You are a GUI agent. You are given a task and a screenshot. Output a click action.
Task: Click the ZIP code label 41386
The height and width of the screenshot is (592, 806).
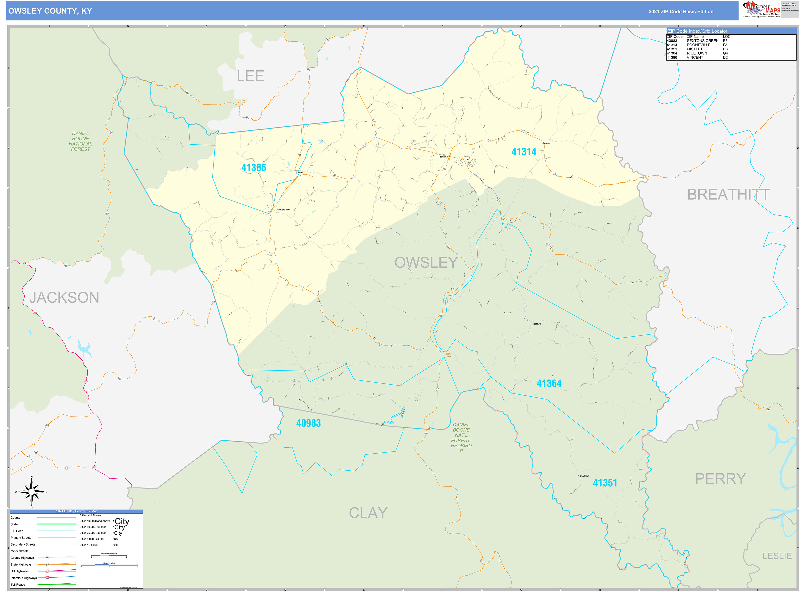click(254, 168)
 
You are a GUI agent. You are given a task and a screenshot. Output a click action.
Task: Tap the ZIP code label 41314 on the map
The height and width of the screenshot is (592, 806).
click(524, 152)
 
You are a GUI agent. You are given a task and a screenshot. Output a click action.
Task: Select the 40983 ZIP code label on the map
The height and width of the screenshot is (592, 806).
click(308, 423)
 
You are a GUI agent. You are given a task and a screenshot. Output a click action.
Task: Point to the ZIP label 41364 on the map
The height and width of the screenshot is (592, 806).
click(549, 383)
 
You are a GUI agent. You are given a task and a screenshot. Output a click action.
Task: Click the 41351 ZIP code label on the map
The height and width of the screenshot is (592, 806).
click(605, 483)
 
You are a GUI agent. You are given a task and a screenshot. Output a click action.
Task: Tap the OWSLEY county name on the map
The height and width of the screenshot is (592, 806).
click(426, 263)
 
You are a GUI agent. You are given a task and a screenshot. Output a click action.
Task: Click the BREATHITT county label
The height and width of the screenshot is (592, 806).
click(728, 195)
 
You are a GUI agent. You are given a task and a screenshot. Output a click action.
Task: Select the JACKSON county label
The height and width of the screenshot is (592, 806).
click(64, 297)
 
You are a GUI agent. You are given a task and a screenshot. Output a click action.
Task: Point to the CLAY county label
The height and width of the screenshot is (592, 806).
click(368, 513)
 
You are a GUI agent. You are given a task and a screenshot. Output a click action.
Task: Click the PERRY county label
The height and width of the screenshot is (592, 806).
click(720, 479)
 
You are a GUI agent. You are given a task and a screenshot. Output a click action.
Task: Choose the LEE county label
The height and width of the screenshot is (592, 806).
click(250, 76)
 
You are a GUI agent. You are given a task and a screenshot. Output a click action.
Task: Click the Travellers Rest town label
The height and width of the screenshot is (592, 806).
click(283, 210)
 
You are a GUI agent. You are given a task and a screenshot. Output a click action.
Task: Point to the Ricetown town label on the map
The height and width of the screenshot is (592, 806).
click(536, 324)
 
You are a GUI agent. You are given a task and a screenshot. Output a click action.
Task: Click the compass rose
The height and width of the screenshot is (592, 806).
click(31, 492)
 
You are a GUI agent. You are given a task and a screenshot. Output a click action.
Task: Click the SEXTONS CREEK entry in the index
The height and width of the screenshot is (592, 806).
click(702, 41)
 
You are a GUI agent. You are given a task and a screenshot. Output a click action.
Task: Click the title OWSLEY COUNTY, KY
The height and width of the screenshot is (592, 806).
click(50, 11)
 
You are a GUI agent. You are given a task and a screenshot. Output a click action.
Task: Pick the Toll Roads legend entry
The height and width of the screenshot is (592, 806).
click(18, 584)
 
